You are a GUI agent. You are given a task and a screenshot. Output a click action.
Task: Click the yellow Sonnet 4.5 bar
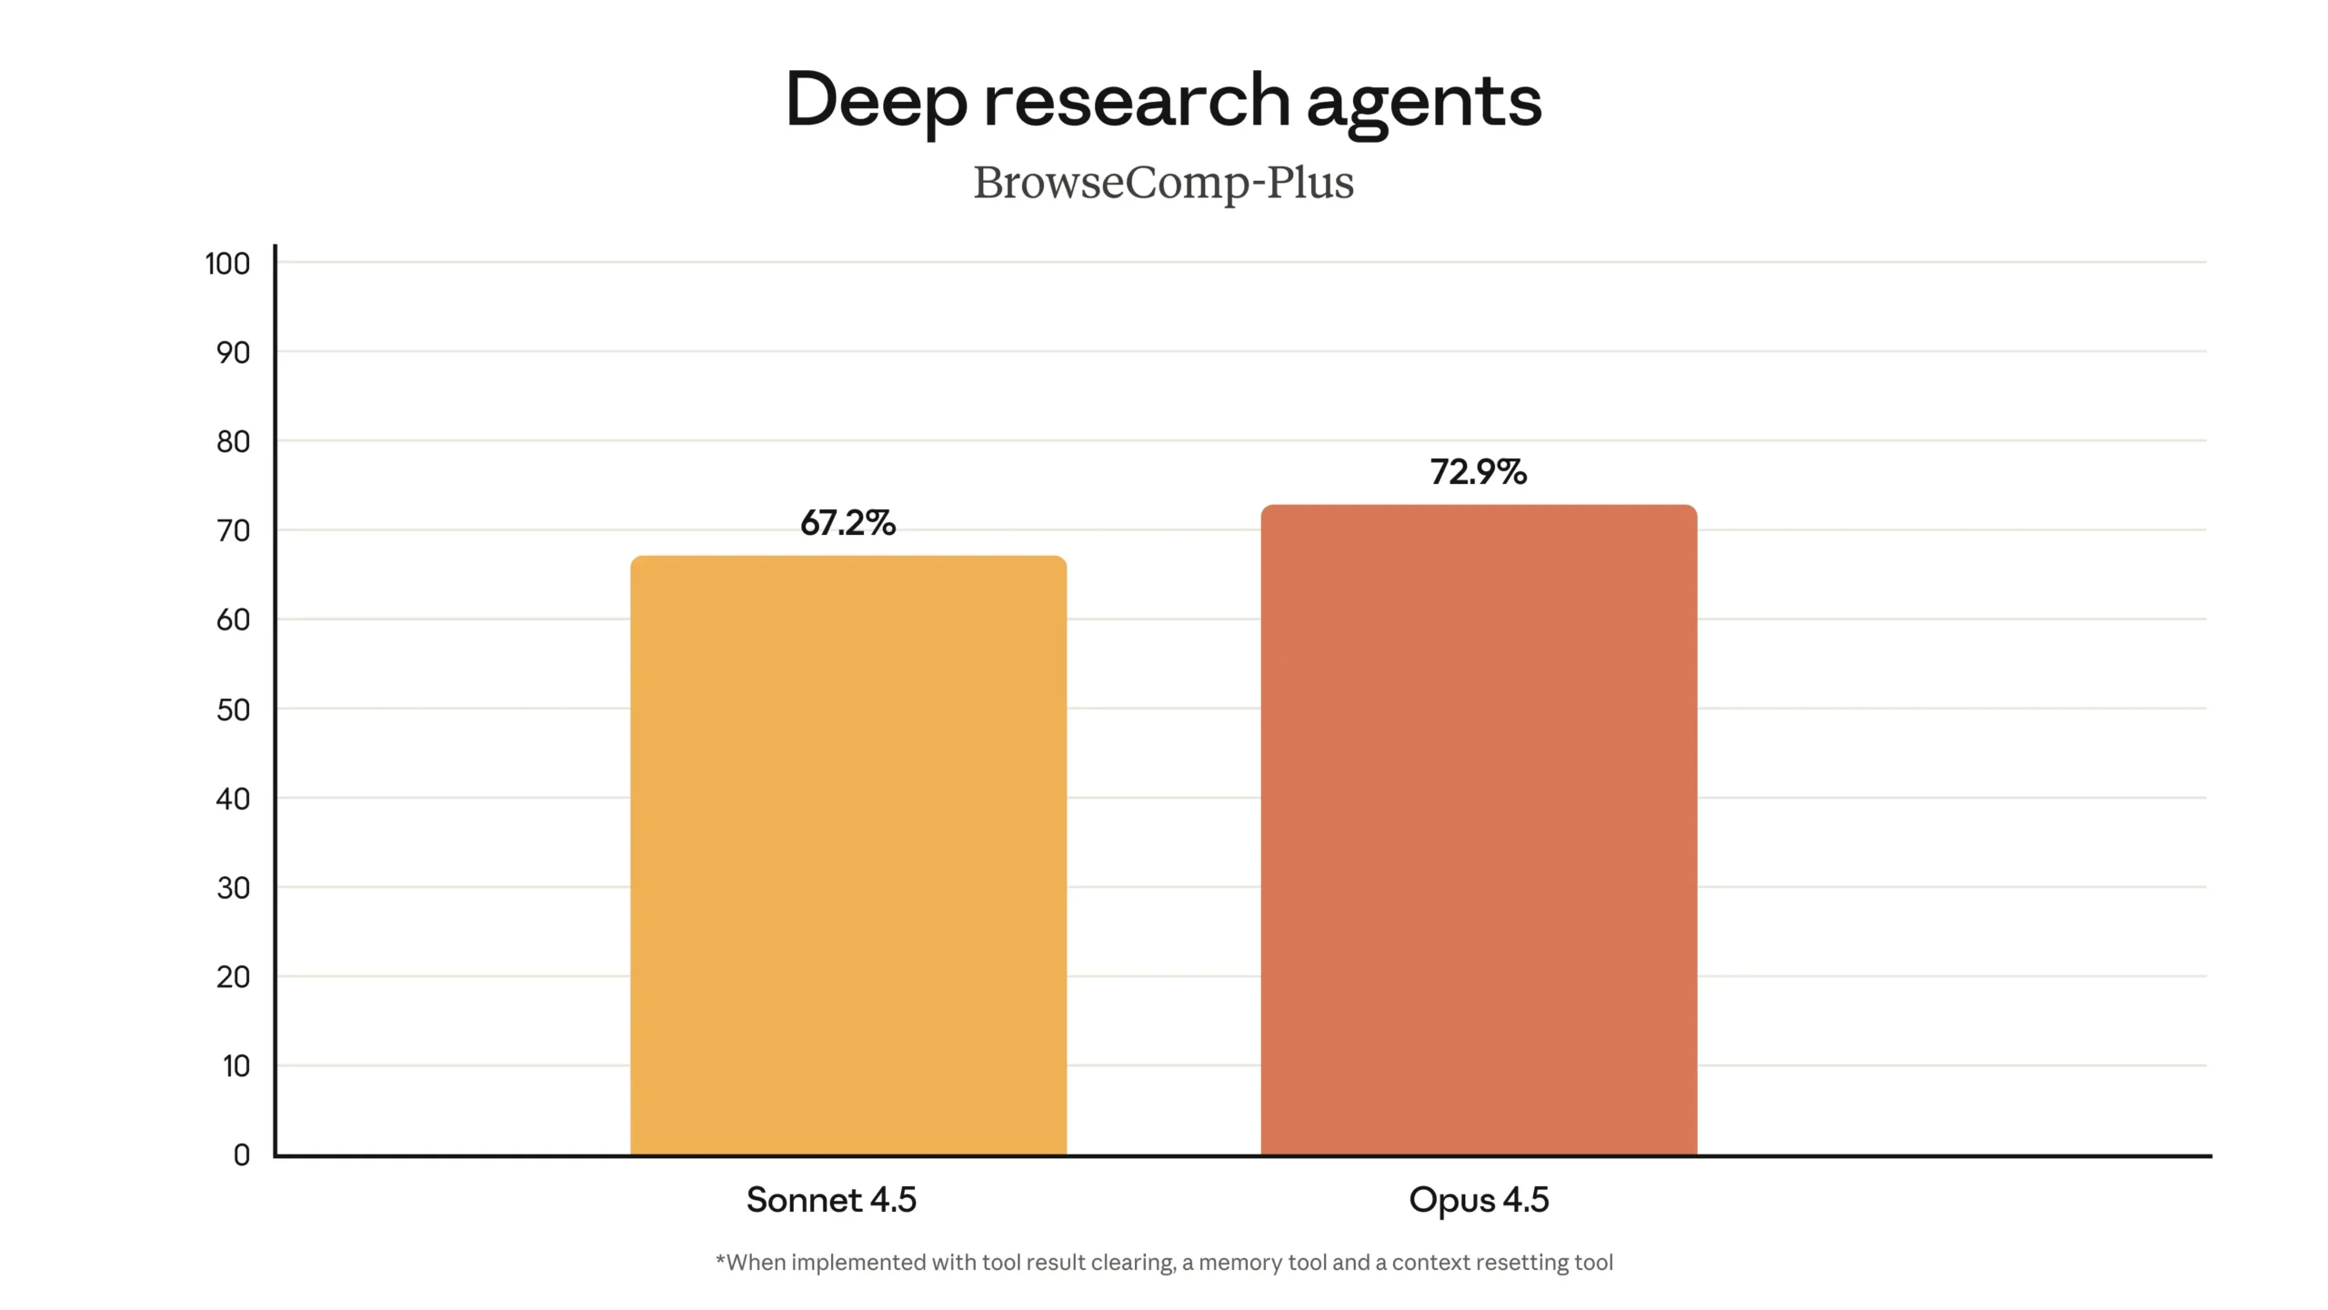[x=848, y=855]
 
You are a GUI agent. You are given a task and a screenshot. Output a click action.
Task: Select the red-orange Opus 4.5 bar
[x=1479, y=830]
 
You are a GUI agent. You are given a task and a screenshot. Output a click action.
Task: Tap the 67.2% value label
[x=848, y=523]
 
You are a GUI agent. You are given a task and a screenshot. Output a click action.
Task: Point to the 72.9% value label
[x=1479, y=472]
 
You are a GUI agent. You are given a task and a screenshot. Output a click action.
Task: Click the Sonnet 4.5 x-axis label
[x=831, y=1200]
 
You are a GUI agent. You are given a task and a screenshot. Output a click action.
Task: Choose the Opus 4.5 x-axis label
[x=1479, y=1200]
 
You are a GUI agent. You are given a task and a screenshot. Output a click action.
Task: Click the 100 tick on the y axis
[x=227, y=264]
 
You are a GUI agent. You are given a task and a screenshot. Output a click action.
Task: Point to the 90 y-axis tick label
[x=233, y=353]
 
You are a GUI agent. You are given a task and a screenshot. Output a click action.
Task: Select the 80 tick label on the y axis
[x=233, y=442]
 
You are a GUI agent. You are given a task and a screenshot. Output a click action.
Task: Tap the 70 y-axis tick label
[x=233, y=531]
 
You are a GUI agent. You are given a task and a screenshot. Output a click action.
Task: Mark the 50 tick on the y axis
[x=233, y=710]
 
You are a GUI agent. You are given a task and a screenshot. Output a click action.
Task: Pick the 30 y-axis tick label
[x=233, y=888]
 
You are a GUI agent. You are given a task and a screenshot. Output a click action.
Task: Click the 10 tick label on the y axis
[x=236, y=1066]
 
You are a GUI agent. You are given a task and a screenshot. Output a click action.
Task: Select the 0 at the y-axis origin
[x=241, y=1155]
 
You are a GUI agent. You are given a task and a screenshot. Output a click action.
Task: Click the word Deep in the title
[x=876, y=102]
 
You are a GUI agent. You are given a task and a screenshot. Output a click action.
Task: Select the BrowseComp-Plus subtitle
[x=1163, y=182]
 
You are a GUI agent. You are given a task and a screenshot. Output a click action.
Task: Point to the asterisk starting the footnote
[x=720, y=1260]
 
